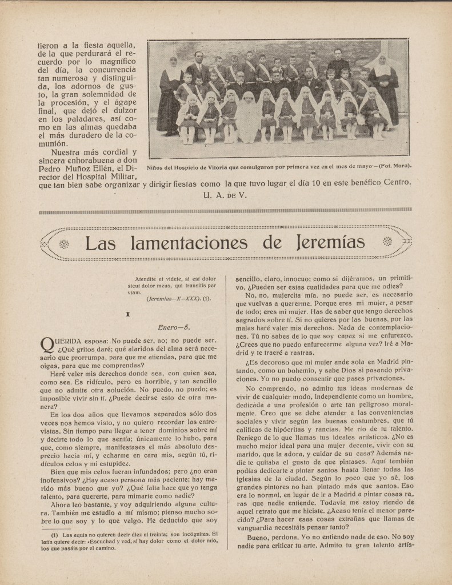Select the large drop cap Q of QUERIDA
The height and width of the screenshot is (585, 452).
click(46, 345)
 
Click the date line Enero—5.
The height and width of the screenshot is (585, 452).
click(174, 327)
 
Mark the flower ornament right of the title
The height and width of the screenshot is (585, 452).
click(389, 243)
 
